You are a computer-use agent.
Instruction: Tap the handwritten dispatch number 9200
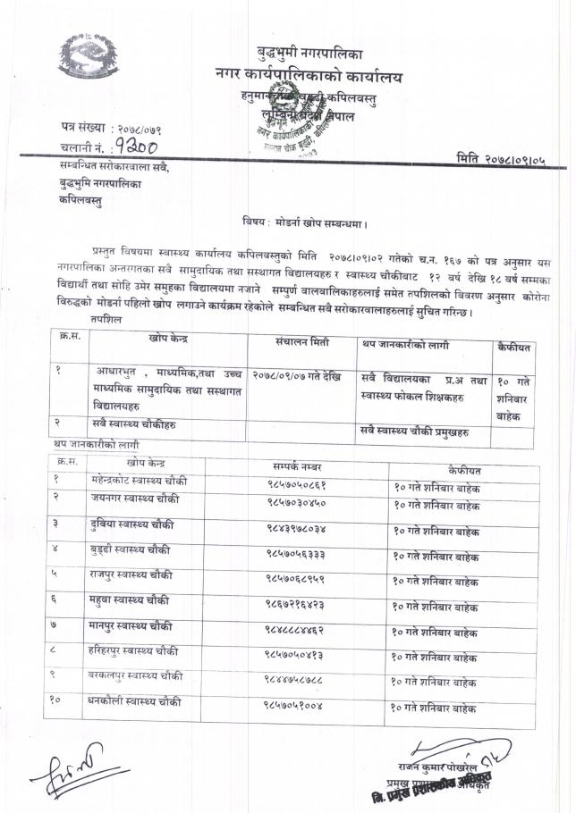134,147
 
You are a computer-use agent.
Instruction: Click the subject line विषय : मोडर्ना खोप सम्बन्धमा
305,219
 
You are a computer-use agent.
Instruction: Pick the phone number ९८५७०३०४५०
300,502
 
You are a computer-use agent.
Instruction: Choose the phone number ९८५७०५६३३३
300,554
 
